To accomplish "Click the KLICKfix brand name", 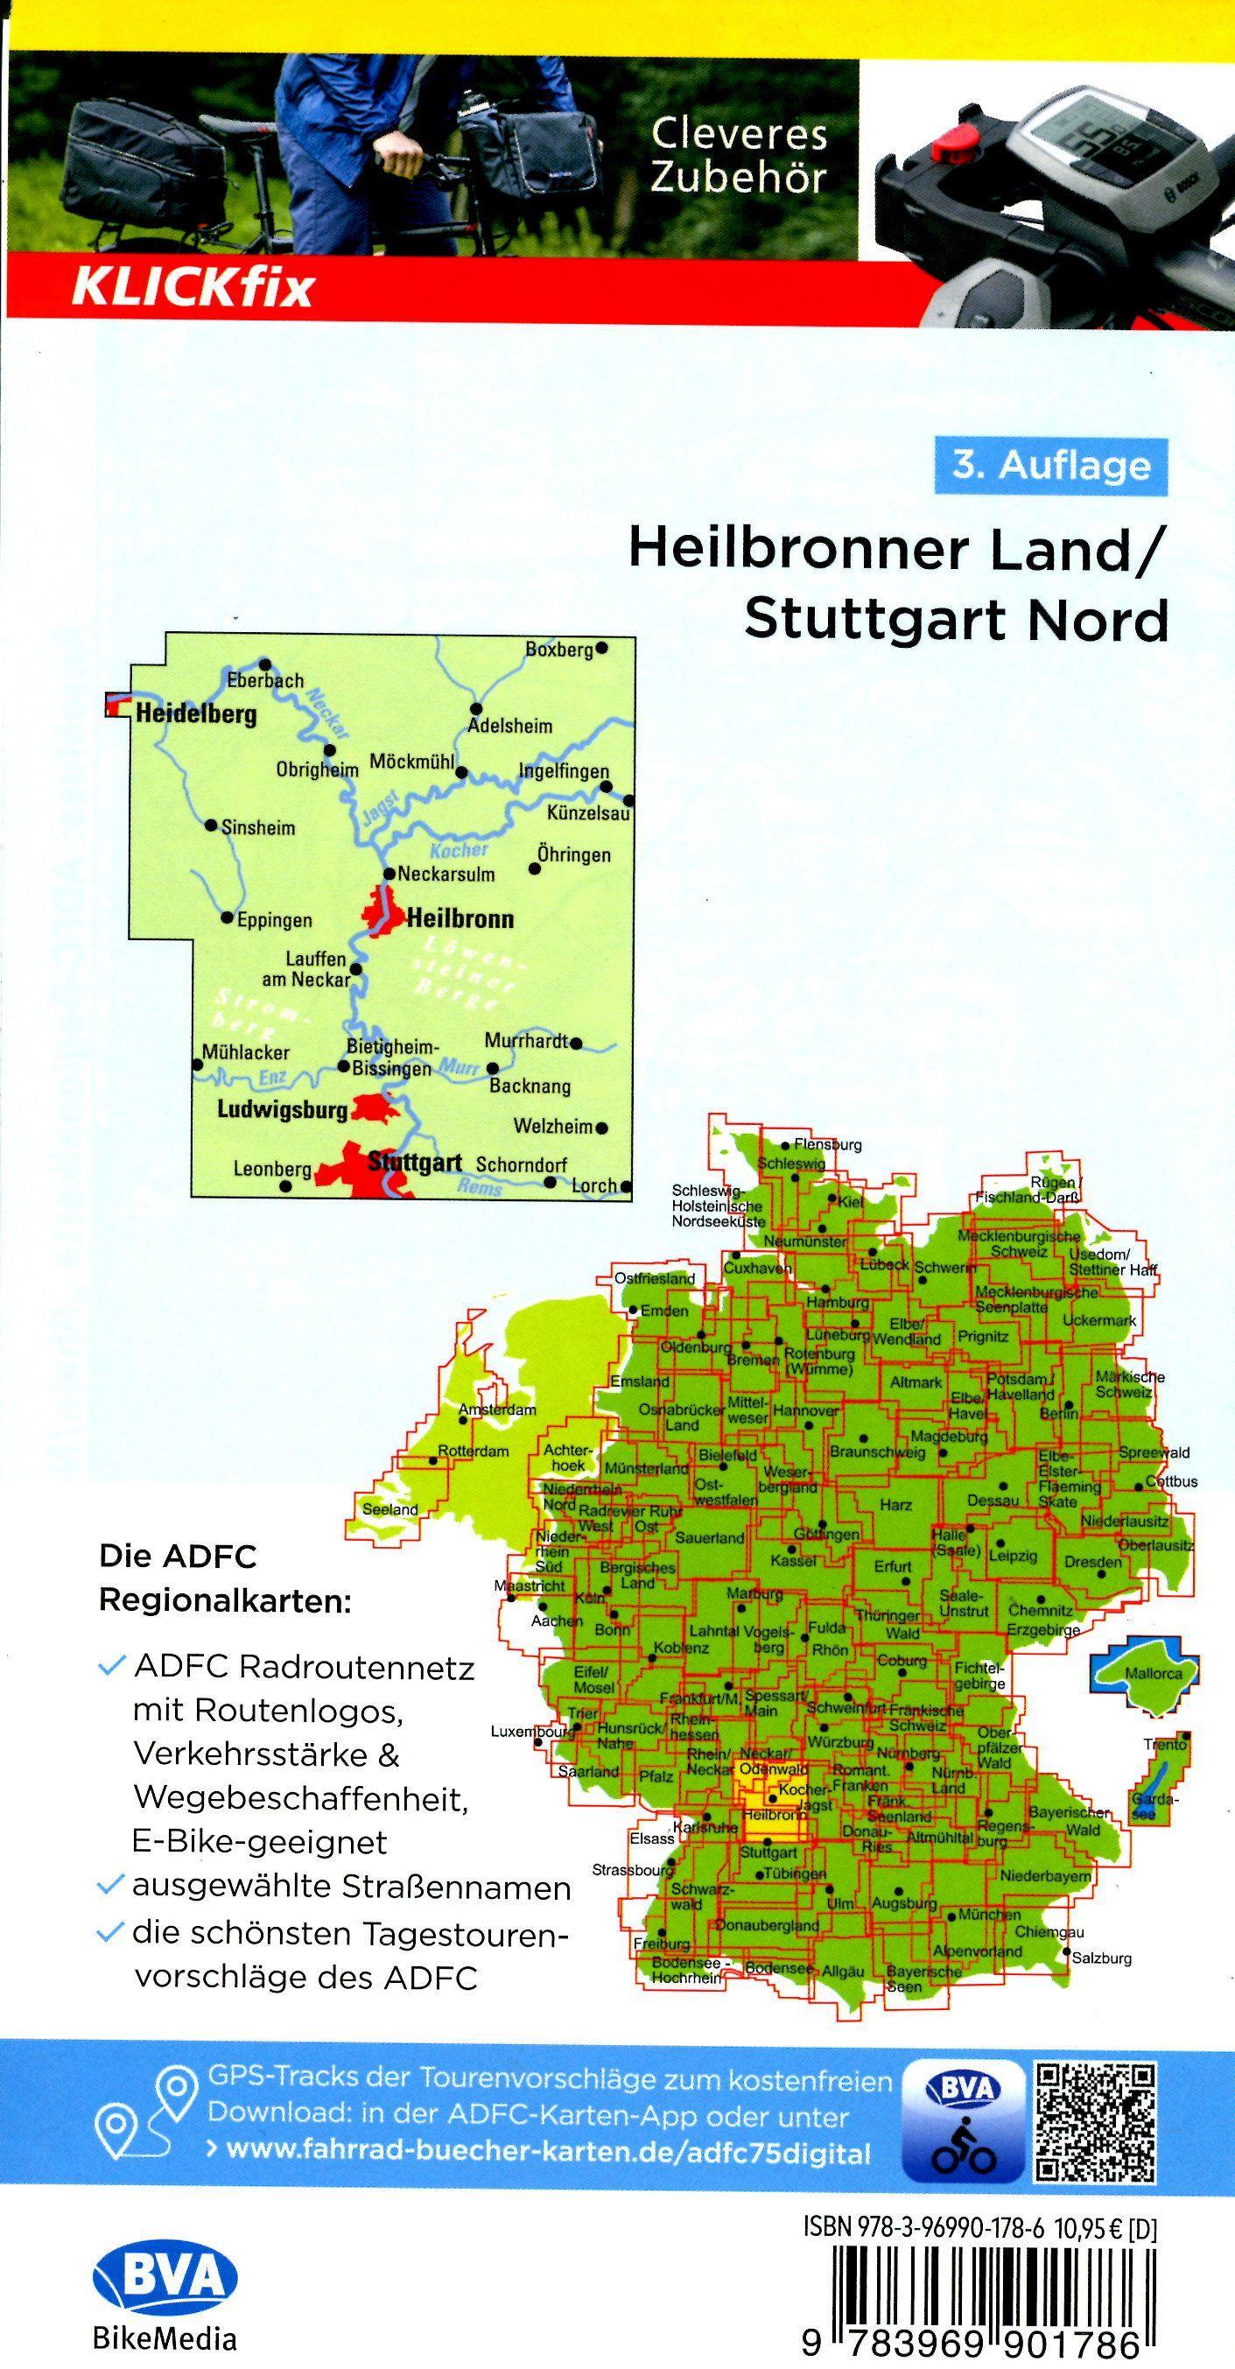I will [193, 287].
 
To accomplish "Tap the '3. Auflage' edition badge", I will [1050, 467].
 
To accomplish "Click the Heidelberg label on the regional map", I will [196, 714].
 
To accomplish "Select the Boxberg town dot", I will [601, 648].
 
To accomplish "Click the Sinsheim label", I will [258, 827].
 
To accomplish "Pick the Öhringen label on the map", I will [575, 855].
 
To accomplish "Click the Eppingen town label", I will [274, 921].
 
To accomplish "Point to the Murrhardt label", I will [527, 1042].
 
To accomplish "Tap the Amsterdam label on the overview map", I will [498, 1409].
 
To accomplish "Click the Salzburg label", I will [1102, 1958].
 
